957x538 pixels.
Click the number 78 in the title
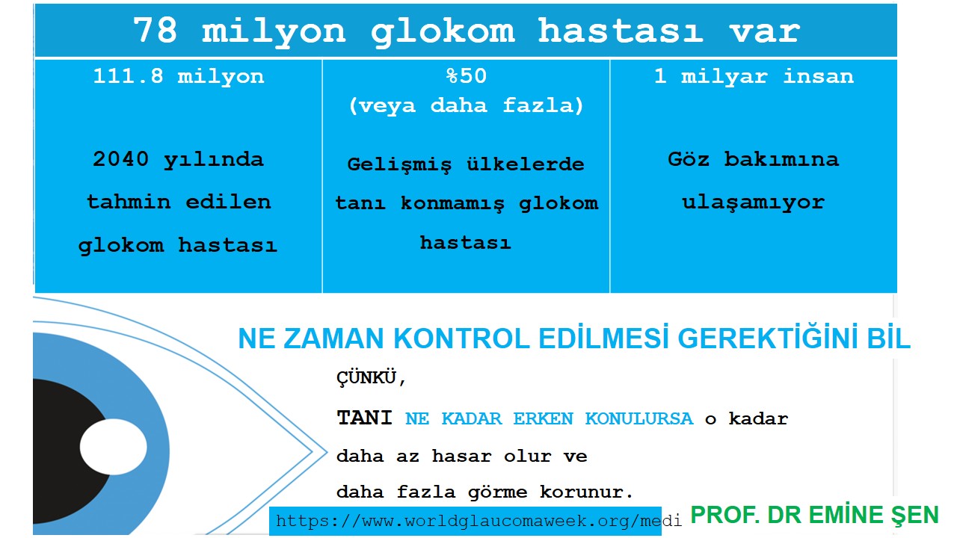[x=157, y=31]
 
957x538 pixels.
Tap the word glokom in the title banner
[x=443, y=31]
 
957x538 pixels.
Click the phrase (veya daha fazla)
[x=466, y=105]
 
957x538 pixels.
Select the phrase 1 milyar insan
[x=753, y=76]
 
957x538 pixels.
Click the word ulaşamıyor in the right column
[x=753, y=202]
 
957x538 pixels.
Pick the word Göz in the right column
[x=688, y=159]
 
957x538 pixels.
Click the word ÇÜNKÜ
[x=371, y=378]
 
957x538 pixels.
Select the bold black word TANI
[x=364, y=418]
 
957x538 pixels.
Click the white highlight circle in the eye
[x=114, y=447]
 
